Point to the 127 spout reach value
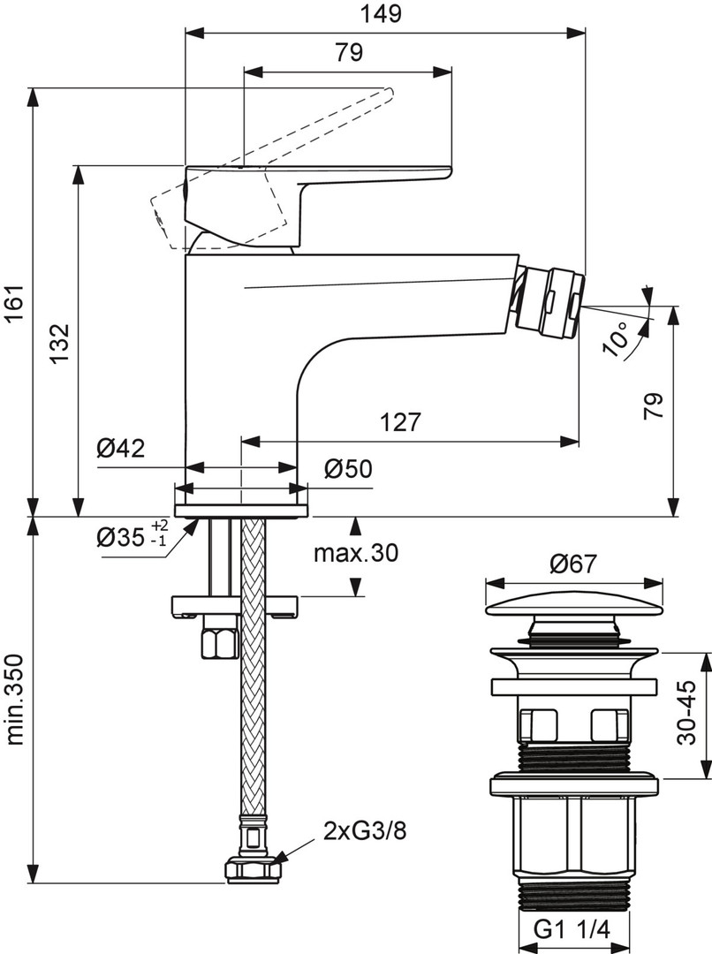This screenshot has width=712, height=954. coord(400,422)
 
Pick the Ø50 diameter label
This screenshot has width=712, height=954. coord(348,469)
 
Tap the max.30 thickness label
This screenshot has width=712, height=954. coord(356,554)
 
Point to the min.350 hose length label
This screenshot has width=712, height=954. coord(15,700)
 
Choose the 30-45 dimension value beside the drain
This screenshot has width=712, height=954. coord(686,713)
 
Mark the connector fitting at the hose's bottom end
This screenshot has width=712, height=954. coord(253,869)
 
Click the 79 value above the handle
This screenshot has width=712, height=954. coord(349,52)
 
